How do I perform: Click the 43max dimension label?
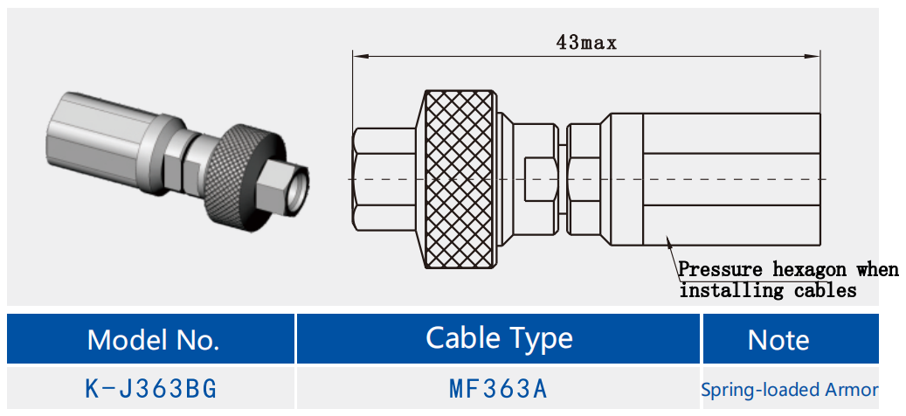[586, 41]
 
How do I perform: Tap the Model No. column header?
[153, 339]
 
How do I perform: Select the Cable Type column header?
[499, 338]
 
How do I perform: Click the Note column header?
[778, 340]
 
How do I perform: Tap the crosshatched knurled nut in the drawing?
[460, 179]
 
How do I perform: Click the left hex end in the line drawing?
[384, 179]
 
